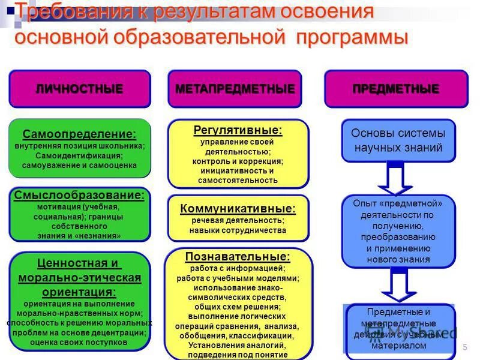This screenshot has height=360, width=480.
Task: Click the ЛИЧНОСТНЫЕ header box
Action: pos(79,89)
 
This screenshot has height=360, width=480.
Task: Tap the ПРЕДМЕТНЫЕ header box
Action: pos(396,89)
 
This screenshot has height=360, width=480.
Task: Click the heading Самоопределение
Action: pos(79,134)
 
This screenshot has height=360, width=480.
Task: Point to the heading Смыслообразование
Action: pos(79,195)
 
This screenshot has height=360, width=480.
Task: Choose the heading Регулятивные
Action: pos(238,130)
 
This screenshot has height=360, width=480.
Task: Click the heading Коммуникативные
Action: pos(238,208)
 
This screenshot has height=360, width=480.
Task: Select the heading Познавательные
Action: pos(238,256)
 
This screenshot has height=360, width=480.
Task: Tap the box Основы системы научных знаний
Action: pos(398,140)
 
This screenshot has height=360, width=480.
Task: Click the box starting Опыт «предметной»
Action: pos(398,230)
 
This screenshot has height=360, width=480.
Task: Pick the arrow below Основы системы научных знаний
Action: pos(395,179)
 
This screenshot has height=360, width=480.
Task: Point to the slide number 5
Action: pos(465,349)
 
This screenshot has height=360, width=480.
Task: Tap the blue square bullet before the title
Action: pos(10,8)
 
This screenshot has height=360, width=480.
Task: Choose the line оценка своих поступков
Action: pos(79,342)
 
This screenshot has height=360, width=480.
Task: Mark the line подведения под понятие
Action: pos(238,355)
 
